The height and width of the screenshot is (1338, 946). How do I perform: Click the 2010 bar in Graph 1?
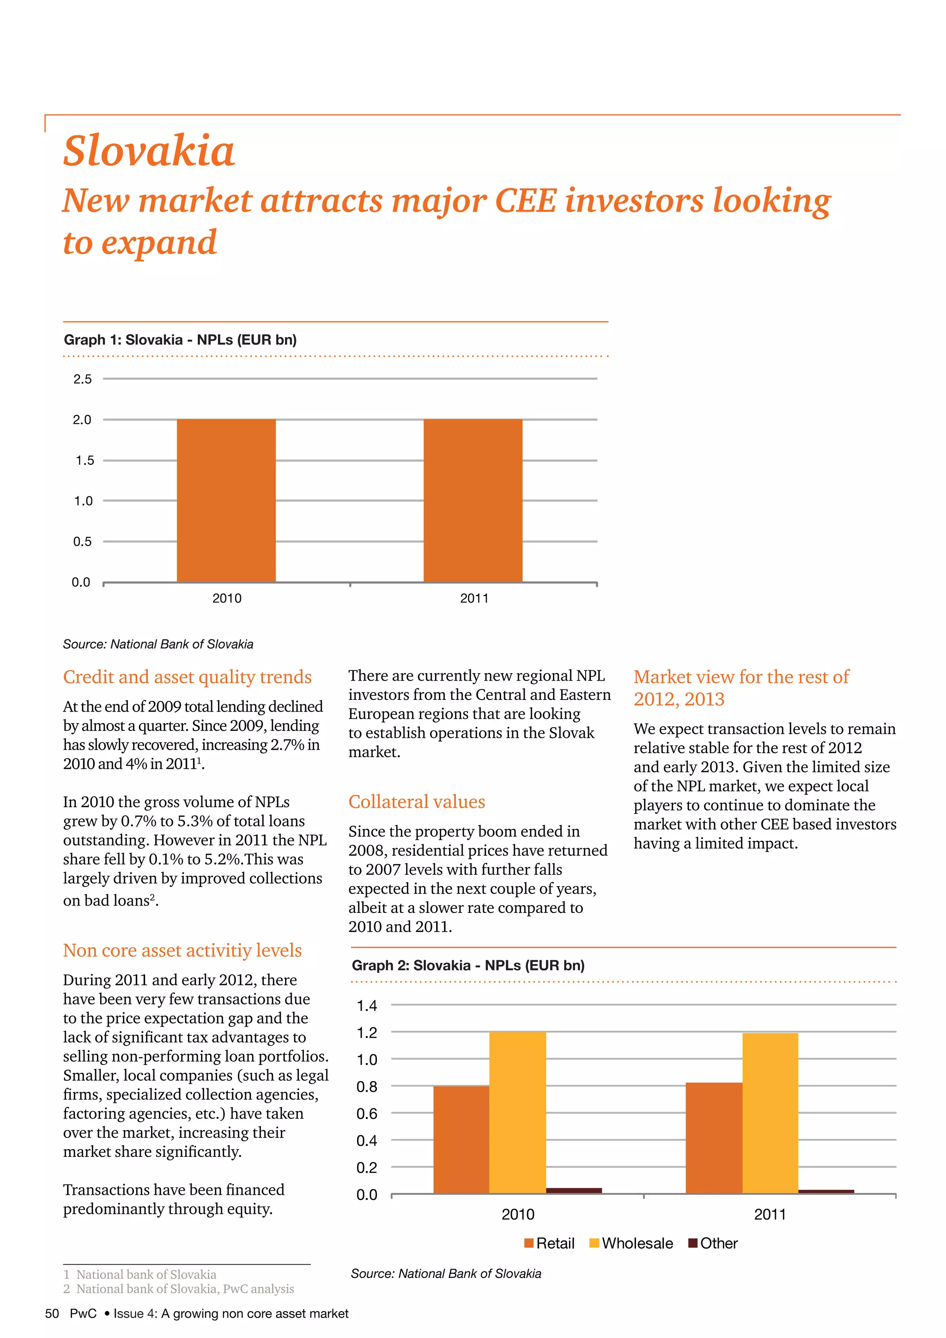(226, 500)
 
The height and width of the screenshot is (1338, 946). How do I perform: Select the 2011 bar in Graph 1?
(473, 500)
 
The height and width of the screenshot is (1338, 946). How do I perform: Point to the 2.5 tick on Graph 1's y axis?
(82, 379)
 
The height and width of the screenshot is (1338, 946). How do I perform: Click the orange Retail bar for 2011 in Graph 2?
(714, 1137)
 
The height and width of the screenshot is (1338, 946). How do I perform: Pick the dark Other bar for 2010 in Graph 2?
(574, 1190)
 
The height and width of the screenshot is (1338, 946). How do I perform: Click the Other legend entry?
(713, 1243)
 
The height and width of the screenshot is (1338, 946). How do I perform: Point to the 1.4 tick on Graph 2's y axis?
(366, 1005)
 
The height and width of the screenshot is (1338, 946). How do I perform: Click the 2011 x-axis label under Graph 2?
(770, 1215)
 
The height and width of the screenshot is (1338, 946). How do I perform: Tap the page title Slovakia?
(149, 150)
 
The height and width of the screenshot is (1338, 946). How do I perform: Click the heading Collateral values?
(417, 801)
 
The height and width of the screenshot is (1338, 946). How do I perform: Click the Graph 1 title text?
(180, 340)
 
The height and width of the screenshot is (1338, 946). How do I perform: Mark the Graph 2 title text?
(468, 965)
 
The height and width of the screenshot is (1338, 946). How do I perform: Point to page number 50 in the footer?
(52, 1314)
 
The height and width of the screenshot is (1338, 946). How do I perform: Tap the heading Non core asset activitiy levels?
(182, 950)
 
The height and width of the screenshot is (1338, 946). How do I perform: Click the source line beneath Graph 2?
(446, 1273)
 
